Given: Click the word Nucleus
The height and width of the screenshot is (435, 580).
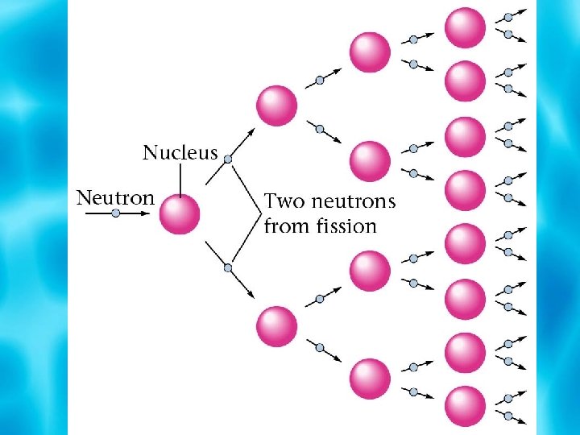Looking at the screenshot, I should [180, 152].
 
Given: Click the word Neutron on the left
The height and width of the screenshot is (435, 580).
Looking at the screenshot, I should [114, 197].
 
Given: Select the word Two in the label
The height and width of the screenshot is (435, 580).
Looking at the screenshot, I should [284, 201].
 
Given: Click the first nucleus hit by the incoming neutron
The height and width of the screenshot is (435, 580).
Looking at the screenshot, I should [180, 214].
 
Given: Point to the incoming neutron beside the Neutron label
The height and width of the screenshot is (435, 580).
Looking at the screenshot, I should [115, 214].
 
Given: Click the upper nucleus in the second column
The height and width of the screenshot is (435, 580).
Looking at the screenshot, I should [276, 105].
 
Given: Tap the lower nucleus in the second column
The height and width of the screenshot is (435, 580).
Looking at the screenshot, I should [276, 327].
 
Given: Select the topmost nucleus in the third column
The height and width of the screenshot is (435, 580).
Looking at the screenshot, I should [370, 51].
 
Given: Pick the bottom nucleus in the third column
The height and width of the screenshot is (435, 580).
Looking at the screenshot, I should [370, 378].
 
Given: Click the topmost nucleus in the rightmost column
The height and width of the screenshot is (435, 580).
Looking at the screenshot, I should [466, 27].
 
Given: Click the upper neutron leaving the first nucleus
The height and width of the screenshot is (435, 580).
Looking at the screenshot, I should [228, 159].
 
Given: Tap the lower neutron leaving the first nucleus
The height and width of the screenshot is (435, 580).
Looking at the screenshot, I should [228, 267].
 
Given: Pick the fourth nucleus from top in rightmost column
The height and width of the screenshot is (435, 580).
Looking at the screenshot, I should [466, 191].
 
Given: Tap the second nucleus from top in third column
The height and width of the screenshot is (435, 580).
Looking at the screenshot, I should [370, 160].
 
